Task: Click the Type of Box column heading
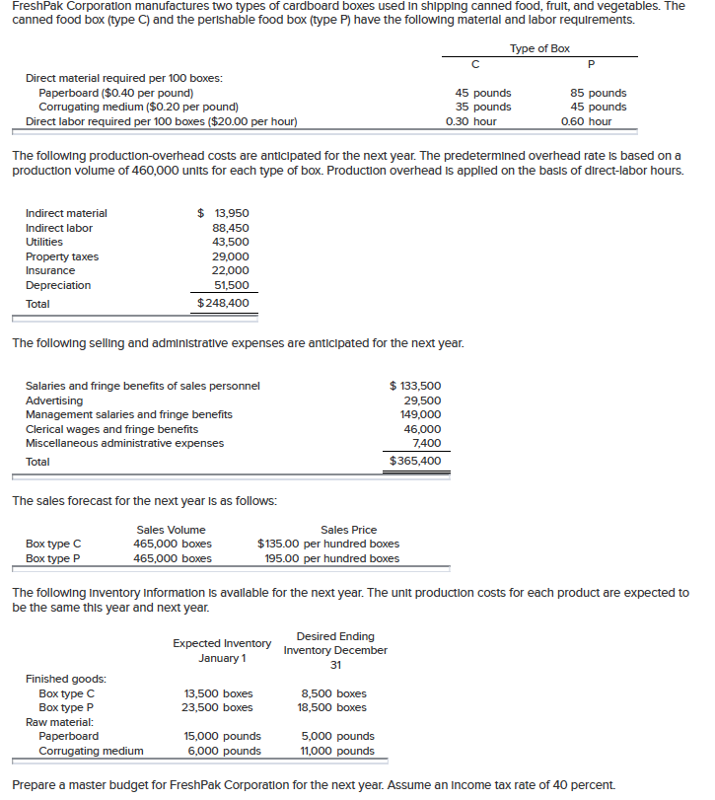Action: pyautogui.click(x=538, y=48)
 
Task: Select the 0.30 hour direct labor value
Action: pyautogui.click(x=471, y=121)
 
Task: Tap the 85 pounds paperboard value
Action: pyautogui.click(x=599, y=93)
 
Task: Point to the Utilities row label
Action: pyautogui.click(x=43, y=242)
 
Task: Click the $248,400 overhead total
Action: pyautogui.click(x=223, y=303)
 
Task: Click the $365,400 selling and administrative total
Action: pyautogui.click(x=415, y=461)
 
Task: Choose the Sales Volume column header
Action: pyautogui.click(x=171, y=530)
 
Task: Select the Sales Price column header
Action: pyautogui.click(x=348, y=530)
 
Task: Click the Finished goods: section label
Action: pyautogui.click(x=66, y=679)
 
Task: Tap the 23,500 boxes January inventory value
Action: pyautogui.click(x=219, y=707)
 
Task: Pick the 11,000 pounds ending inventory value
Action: pyautogui.click(x=337, y=751)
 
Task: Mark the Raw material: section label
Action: pyautogui.click(x=60, y=721)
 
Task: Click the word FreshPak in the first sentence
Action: pyautogui.click(x=37, y=6)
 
